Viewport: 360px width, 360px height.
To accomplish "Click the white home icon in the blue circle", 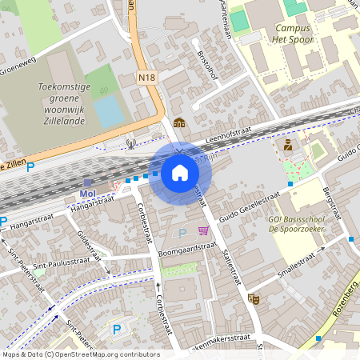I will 180,173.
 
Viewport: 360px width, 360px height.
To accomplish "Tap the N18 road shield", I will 146,78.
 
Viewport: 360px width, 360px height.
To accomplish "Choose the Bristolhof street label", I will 207,66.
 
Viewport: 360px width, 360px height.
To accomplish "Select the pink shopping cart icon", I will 204,231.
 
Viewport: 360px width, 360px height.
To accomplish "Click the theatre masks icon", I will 254,298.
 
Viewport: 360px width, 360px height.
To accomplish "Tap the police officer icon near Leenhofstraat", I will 287,145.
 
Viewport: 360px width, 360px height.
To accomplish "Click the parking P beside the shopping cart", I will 182,233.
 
